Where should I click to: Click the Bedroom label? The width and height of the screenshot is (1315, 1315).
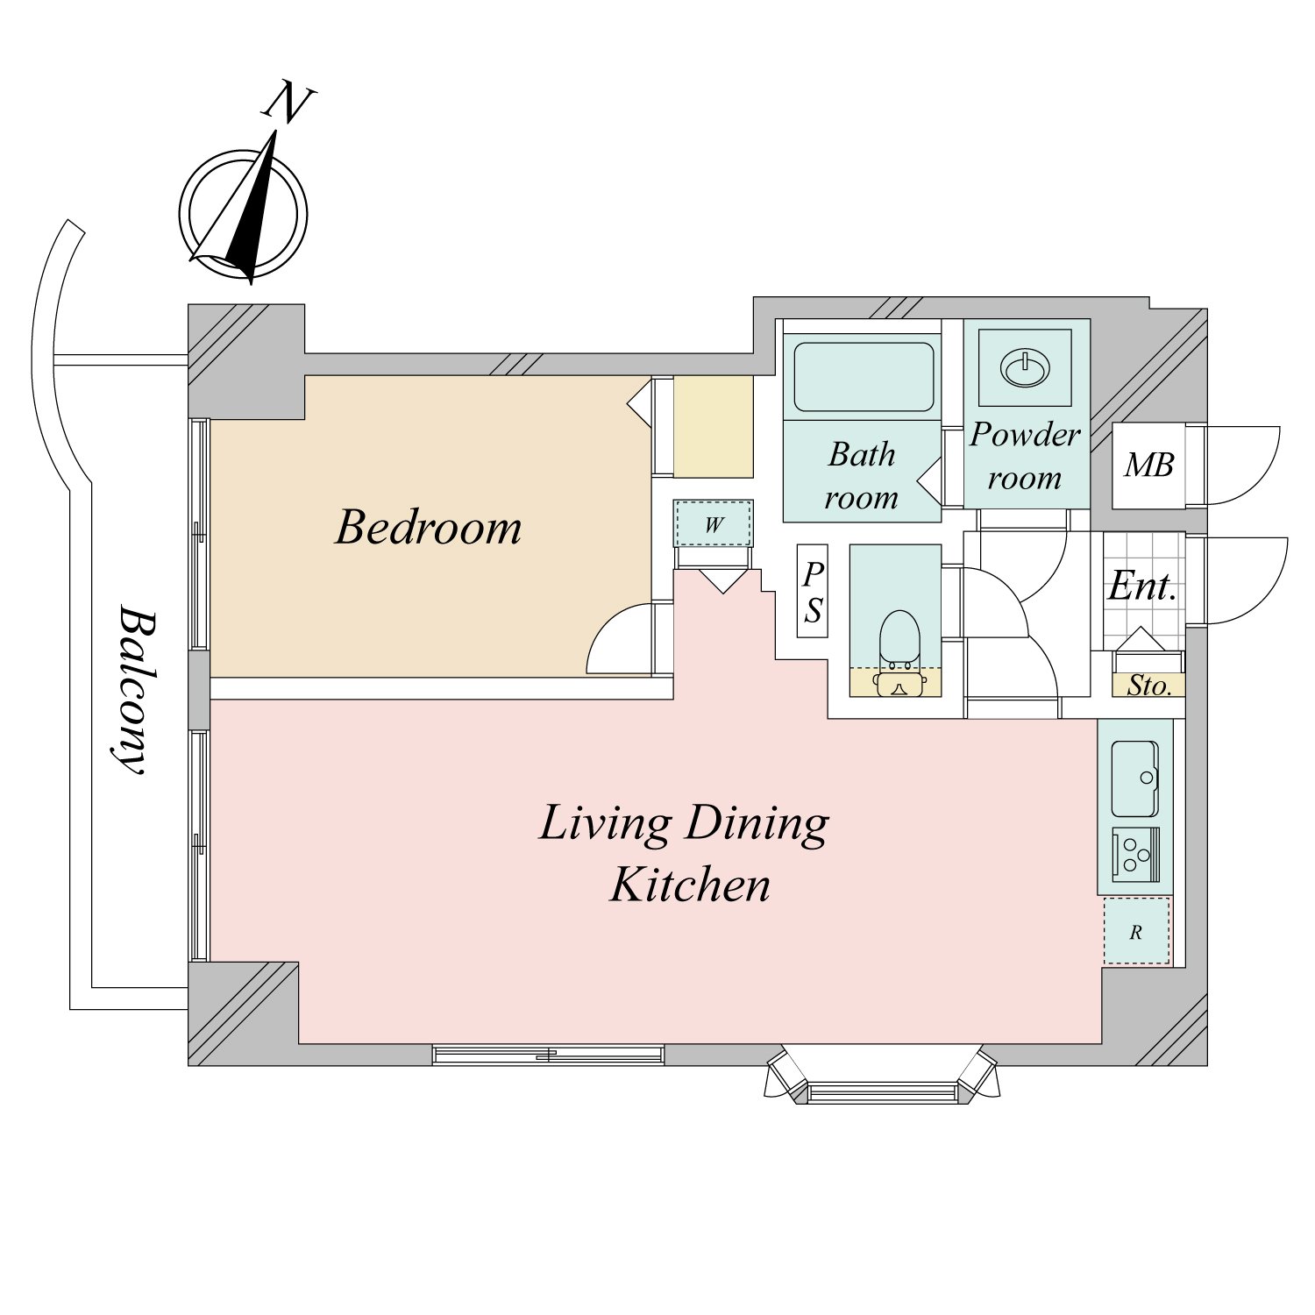[x=429, y=528]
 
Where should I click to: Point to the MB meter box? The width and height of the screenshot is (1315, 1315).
[x=1148, y=466]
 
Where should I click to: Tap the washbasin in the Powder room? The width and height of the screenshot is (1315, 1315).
[x=1025, y=368]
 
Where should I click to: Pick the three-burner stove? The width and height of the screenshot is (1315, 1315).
[x=1135, y=853]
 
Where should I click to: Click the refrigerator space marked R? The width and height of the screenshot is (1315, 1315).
[x=1136, y=932]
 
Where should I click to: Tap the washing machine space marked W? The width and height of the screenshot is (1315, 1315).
[x=714, y=525]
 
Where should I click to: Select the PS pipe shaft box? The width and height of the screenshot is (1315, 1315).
[x=813, y=592]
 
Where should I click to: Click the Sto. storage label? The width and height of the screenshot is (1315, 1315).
[x=1148, y=686]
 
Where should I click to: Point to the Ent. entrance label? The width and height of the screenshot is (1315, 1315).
[x=1141, y=586]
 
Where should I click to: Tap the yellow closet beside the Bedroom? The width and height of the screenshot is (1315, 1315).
[x=713, y=427]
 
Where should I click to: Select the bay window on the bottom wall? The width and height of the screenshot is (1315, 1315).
[x=881, y=1083]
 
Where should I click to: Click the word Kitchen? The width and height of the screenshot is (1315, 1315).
[x=691, y=885]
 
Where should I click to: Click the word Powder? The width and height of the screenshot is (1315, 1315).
[x=1025, y=435]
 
